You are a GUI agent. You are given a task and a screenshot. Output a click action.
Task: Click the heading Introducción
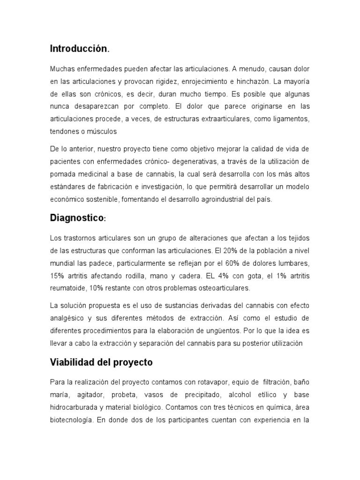coord(79,48)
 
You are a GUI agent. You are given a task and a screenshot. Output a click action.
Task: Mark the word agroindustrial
coord(215,199)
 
